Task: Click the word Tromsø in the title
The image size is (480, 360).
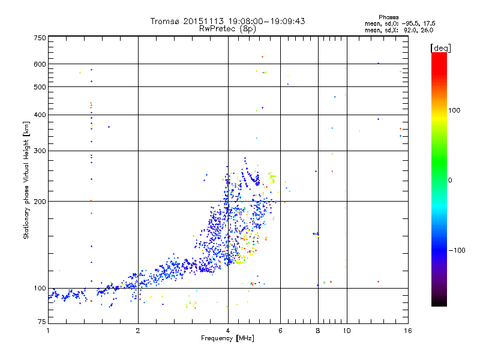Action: pyautogui.click(x=165, y=21)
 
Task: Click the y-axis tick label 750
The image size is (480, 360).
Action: pyautogui.click(x=40, y=38)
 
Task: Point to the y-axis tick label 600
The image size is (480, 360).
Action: pyautogui.click(x=40, y=64)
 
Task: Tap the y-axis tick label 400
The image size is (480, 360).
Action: pyautogui.click(x=40, y=115)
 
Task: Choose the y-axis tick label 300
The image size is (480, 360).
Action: pyautogui.click(x=40, y=151)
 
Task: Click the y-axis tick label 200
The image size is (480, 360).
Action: pyautogui.click(x=40, y=201)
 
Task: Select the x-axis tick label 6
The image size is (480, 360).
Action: pyautogui.click(x=281, y=331)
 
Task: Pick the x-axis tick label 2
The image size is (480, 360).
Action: pyautogui.click(x=138, y=331)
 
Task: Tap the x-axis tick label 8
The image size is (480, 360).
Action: pyautogui.click(x=318, y=331)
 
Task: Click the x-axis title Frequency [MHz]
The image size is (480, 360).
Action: pyautogui.click(x=228, y=339)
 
